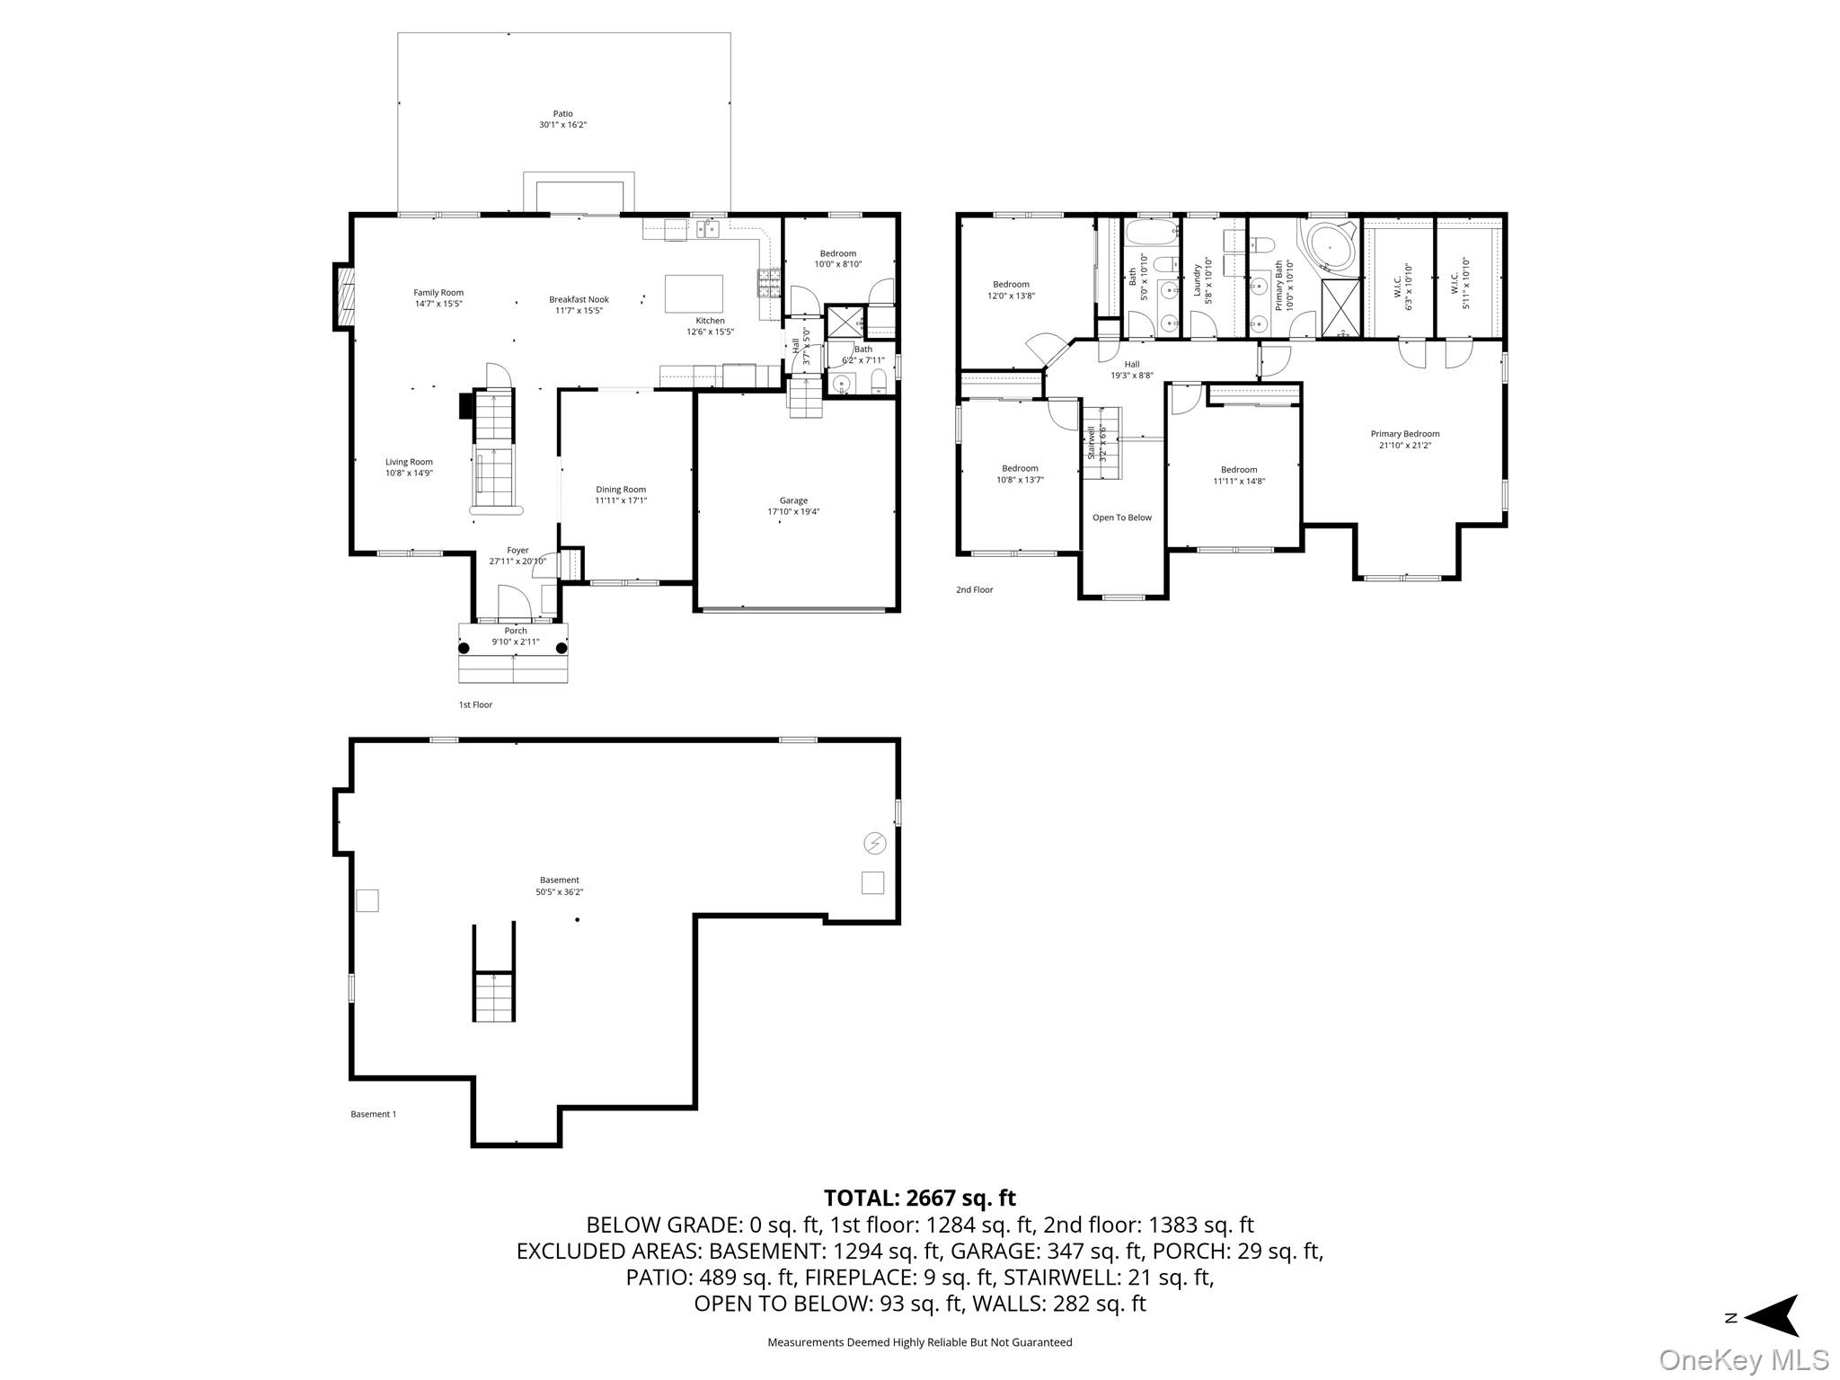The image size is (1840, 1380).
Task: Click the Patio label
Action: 562,119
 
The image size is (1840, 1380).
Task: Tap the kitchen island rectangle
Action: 694,294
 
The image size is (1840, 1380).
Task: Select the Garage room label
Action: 793,506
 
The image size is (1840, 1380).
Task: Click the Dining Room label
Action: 621,495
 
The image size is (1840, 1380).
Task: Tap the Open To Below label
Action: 1121,517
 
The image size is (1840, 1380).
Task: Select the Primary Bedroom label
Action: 1405,439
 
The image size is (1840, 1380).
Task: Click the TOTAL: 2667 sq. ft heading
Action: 919,1198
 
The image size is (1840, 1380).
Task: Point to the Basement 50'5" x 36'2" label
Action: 560,886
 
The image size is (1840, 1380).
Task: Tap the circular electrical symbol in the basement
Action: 875,843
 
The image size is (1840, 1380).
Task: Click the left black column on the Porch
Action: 464,648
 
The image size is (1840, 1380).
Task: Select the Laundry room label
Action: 1201,279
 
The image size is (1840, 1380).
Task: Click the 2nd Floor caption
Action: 974,590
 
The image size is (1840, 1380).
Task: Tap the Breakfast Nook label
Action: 579,305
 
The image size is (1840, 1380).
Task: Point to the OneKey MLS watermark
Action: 1743,1360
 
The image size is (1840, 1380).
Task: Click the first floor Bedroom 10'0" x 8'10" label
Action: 837,259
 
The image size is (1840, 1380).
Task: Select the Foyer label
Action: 517,555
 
